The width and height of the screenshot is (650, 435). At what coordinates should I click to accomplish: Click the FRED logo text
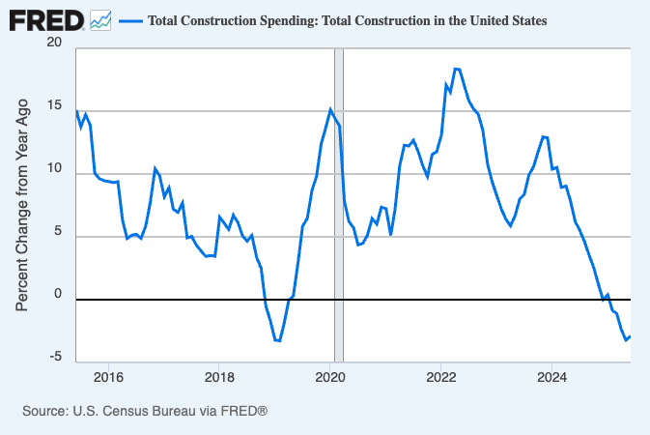[x=45, y=19]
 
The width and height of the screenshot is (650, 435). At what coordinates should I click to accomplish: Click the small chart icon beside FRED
[x=101, y=19]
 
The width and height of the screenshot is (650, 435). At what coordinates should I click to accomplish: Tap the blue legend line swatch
[x=130, y=20]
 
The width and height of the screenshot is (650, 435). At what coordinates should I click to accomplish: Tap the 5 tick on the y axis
[x=57, y=233]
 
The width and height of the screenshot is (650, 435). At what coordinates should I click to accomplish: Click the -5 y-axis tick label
[x=55, y=358]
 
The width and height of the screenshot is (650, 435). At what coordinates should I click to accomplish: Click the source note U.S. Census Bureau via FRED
[x=144, y=411]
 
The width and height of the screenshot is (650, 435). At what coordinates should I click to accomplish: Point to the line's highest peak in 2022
[x=457, y=69]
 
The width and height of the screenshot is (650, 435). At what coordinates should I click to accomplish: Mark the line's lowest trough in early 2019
[x=278, y=340]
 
